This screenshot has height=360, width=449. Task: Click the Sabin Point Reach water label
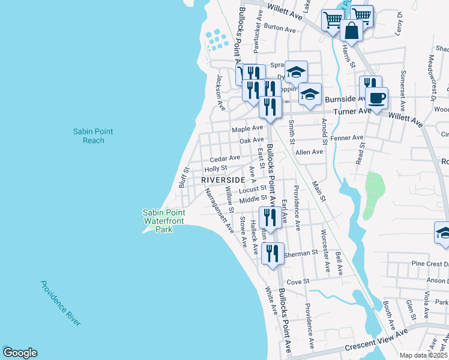coord(93,136)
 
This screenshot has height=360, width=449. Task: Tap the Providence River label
coord(61,303)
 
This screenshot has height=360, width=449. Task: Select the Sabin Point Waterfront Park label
coord(163,221)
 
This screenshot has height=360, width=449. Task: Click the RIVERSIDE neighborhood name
coord(223,180)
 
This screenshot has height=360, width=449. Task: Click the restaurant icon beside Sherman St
coord(272,254)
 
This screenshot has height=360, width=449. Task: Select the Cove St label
coord(298,281)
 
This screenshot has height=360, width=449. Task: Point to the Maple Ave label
coord(248,128)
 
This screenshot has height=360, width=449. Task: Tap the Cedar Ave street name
coord(225,158)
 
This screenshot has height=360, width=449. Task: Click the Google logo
coord(20,353)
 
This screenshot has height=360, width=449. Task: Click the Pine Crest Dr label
coord(430,264)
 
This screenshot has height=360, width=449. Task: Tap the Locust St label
coord(253,188)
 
